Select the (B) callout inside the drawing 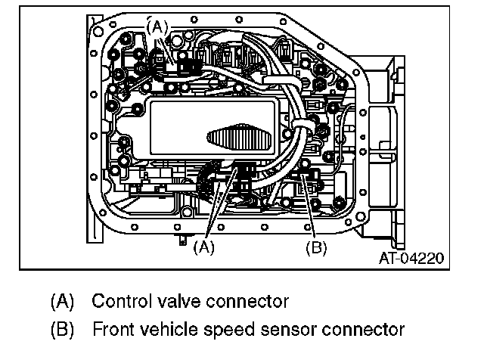pos(315,247)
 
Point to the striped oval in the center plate pos(237,141)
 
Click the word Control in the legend pos(119,302)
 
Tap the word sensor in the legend pos(285,331)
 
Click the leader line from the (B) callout pos(311,212)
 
